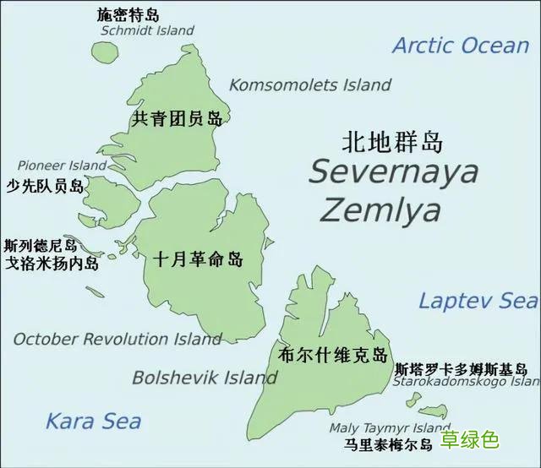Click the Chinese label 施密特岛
[128, 14]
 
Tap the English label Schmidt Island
[147, 30]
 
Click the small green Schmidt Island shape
[105, 51]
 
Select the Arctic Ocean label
[460, 46]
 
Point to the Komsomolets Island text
[310, 84]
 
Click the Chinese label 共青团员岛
[178, 118]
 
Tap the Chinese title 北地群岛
[392, 140]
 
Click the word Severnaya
[393, 171]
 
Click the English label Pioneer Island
[63, 165]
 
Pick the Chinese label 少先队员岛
[45, 186]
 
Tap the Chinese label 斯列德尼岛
[41, 246]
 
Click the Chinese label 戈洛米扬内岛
[52, 264]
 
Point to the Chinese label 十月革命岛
[199, 259]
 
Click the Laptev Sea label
[478, 300]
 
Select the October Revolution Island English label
[117, 339]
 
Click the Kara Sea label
[93, 421]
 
